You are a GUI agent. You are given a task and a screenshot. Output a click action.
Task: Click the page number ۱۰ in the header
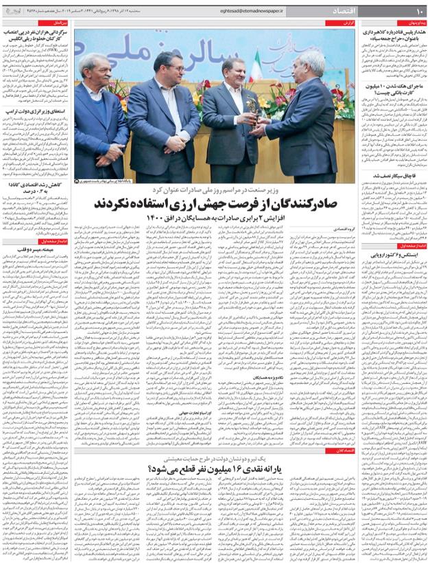(x=418, y=10)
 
